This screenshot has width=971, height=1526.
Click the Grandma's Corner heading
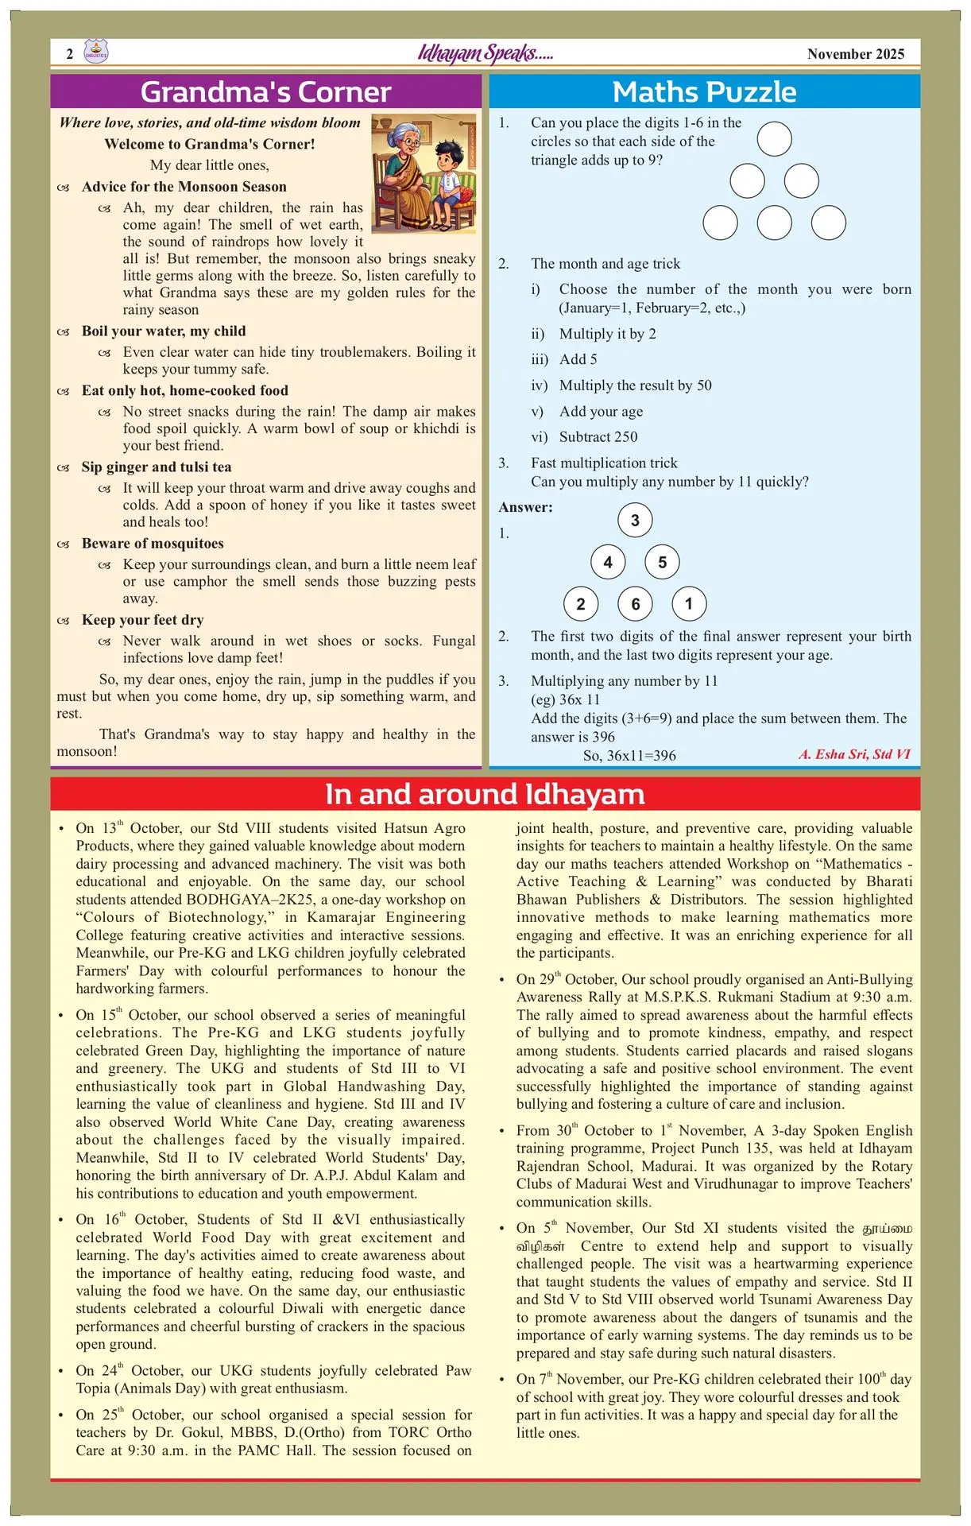click(x=265, y=92)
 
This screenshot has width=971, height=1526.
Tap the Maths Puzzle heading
click(x=704, y=92)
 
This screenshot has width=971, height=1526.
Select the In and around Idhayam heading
click(x=485, y=794)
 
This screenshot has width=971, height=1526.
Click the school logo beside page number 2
click(x=95, y=52)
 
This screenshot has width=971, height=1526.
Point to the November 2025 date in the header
click(x=856, y=54)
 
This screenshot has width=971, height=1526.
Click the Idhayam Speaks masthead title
click(x=486, y=53)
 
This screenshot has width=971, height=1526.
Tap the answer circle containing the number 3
click(x=635, y=521)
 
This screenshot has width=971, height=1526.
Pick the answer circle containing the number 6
click(x=635, y=604)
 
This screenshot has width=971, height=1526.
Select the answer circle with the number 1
click(x=689, y=603)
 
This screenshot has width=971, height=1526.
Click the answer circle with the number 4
click(x=608, y=562)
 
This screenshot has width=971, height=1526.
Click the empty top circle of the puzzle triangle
click(x=774, y=139)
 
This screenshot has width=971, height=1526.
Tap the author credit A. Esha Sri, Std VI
click(x=854, y=754)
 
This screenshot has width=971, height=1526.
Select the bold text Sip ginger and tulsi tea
click(x=157, y=467)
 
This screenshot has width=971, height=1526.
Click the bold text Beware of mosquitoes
click(x=153, y=544)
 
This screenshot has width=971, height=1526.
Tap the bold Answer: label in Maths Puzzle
click(x=525, y=507)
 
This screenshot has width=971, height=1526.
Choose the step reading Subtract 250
click(x=598, y=437)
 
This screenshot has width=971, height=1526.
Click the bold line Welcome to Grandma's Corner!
click(x=210, y=145)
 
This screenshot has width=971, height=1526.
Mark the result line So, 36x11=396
click(x=629, y=755)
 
